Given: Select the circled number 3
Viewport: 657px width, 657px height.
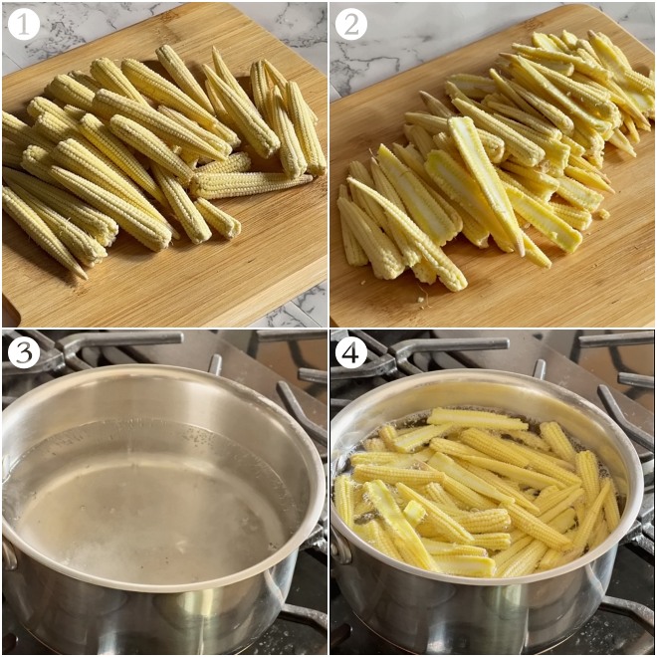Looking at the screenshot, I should pyautogui.click(x=23, y=351).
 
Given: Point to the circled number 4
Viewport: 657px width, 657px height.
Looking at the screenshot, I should pyautogui.click(x=350, y=351).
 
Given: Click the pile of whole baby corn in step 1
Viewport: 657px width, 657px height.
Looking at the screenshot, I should pyautogui.click(x=149, y=149).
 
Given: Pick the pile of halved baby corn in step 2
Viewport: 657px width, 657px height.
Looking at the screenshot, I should pyautogui.click(x=488, y=159).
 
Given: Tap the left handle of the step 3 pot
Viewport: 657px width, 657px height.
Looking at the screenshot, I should pyautogui.click(x=8, y=552).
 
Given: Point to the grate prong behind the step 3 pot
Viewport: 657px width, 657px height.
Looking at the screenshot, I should pyautogui.click(x=215, y=364).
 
